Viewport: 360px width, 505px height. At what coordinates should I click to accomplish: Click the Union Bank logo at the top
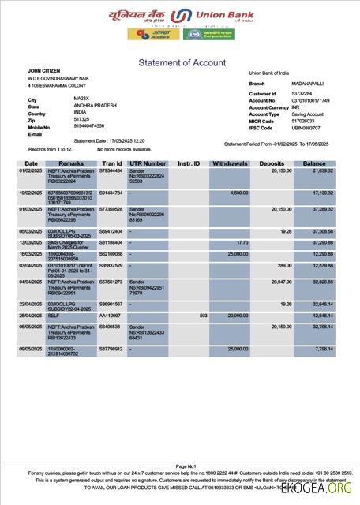coord(182,16)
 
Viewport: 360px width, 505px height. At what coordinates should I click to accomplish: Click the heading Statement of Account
coord(182,62)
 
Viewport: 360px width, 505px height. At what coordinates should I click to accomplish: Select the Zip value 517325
coord(81,119)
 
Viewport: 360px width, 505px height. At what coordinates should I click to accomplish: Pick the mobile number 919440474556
coord(89,126)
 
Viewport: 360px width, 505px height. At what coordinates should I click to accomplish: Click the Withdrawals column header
coord(230,163)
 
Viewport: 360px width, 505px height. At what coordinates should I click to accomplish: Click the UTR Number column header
coord(147,163)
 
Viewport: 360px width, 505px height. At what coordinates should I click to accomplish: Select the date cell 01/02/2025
coord(30,170)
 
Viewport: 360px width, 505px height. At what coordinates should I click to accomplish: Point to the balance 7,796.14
coord(322,348)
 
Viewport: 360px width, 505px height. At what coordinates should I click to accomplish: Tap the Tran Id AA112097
coord(109,316)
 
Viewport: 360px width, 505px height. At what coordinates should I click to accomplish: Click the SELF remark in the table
coord(53,316)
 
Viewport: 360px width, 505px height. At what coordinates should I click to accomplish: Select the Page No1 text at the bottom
coord(186,466)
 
